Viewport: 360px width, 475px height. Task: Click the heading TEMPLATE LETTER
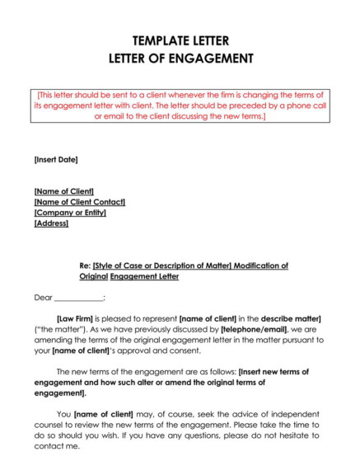pos(180,40)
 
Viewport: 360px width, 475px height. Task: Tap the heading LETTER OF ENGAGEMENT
pos(180,59)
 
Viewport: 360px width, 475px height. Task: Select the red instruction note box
pos(180,106)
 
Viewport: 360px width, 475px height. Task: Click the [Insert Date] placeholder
pos(56,159)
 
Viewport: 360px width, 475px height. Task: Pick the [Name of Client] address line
pos(63,191)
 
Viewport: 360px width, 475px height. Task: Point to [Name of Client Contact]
pos(79,202)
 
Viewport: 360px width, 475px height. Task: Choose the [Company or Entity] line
pos(70,213)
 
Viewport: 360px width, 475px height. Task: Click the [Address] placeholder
pos(51,223)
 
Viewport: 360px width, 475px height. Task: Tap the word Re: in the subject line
pos(84,266)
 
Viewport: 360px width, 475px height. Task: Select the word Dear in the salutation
pos(43,297)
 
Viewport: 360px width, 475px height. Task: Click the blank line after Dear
pos(79,298)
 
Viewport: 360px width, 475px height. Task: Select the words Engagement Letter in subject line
pos(144,277)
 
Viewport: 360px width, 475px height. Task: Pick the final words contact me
pos(57,446)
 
